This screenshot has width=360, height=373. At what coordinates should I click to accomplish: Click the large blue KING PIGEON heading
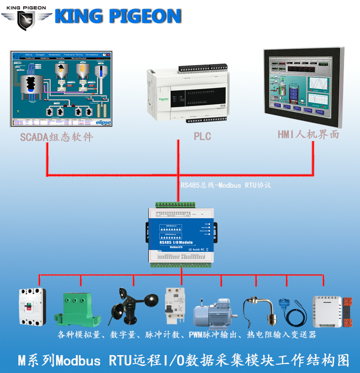118,17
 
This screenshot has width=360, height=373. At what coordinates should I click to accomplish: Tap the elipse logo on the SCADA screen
103,122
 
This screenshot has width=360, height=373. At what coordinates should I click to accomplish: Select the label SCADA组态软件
57,137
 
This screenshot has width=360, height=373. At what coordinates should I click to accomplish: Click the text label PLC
202,137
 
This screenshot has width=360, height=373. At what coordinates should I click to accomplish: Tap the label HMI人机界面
309,134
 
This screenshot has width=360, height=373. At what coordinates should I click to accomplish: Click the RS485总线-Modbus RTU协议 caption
226,185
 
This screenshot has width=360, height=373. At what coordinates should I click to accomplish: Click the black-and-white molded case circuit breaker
32,307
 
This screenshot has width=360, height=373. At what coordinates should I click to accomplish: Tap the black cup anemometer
128,307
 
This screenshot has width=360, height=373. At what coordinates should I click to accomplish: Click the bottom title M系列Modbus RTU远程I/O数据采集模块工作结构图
184,361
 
